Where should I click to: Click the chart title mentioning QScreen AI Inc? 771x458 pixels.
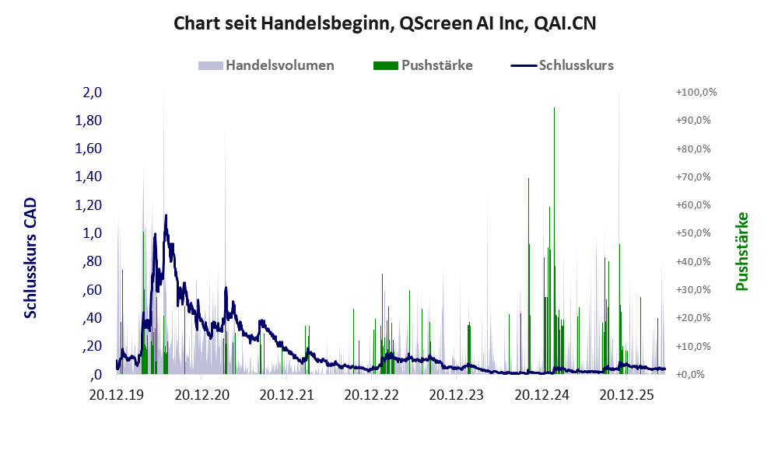(x=385, y=23)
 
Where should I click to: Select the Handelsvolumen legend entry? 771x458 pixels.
(x=266, y=65)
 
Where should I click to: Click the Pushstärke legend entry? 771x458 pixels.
(x=423, y=65)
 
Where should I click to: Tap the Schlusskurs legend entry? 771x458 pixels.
(x=562, y=65)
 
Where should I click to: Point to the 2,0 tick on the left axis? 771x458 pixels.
(x=93, y=93)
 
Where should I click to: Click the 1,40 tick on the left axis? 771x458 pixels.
(x=89, y=177)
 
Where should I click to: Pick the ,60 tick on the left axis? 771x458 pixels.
(x=92, y=289)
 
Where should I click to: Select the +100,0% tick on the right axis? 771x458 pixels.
(x=696, y=93)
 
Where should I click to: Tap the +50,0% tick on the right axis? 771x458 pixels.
(x=693, y=233)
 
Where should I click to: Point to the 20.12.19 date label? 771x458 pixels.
(x=117, y=394)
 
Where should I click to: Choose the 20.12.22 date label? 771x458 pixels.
(x=372, y=394)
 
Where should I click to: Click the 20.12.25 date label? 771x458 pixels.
(x=627, y=394)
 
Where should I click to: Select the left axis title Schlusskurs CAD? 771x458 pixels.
(x=30, y=258)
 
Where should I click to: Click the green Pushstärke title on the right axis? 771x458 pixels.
(x=742, y=251)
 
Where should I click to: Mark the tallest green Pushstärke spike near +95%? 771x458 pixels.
(x=554, y=241)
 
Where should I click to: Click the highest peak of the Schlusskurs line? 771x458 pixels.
(x=166, y=215)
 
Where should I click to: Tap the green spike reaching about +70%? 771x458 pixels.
(x=528, y=275)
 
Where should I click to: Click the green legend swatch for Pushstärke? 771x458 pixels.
(x=386, y=66)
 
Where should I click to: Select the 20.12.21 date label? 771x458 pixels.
(x=286, y=394)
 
